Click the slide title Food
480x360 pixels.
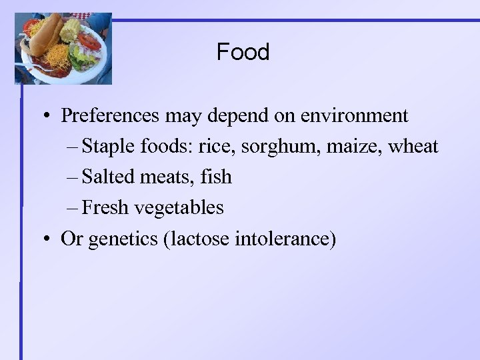[243, 52]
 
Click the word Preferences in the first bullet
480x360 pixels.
[111, 116]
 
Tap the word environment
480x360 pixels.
[354, 116]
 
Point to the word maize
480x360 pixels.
[347, 147]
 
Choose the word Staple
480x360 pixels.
[108, 146]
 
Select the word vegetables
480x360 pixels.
[179, 208]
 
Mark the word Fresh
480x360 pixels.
[106, 207]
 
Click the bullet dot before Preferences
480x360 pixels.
[49, 117]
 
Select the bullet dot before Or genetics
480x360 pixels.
[49, 239]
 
